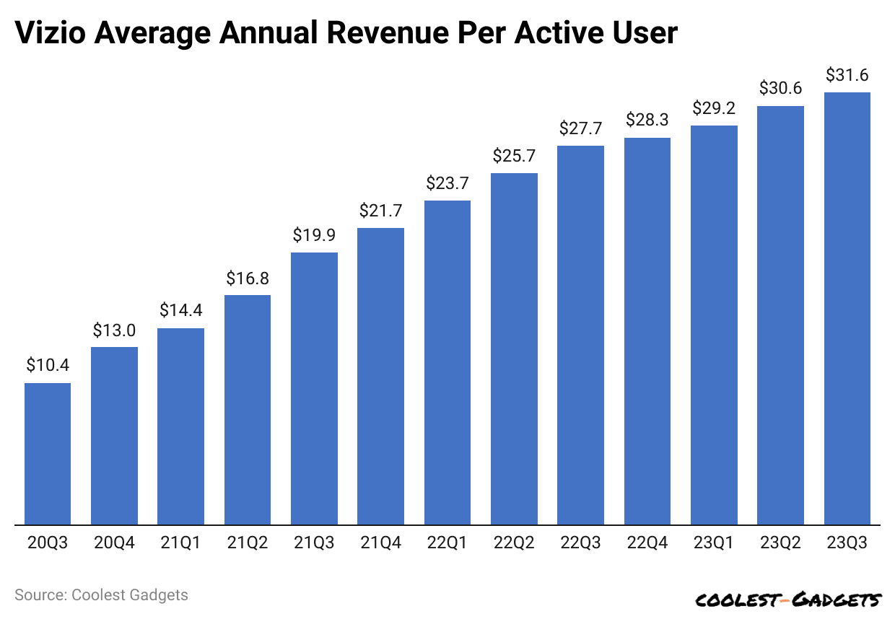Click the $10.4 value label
click(48, 366)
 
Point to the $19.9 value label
click(314, 235)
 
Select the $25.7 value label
click(514, 155)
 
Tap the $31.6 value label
click(847, 75)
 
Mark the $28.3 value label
click(647, 120)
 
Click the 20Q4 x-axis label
click(114, 543)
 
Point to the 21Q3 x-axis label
click(314, 543)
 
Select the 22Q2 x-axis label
click(514, 543)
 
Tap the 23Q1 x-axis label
click(714, 543)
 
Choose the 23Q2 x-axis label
click(780, 543)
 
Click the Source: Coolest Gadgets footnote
click(101, 595)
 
